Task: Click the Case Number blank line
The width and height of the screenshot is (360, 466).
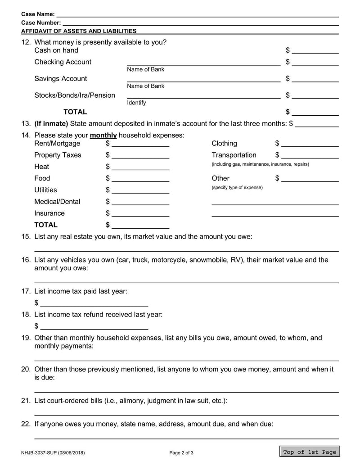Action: coord(200,22)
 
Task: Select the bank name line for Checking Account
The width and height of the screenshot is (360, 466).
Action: coord(203,62)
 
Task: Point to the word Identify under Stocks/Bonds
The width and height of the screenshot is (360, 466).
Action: coord(136,103)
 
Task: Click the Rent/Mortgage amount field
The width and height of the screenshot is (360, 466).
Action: coord(140,144)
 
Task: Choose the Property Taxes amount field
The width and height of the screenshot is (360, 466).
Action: coord(140,155)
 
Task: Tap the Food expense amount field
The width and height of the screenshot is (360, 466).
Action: coord(140,179)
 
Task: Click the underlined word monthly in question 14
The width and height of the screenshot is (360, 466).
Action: coord(103,136)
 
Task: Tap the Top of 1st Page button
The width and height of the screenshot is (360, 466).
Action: coord(309,452)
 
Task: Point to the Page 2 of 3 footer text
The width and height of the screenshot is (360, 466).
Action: coord(181,452)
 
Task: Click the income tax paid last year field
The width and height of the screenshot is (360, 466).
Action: coord(94,303)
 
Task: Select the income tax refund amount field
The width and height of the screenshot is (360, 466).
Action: coord(94,326)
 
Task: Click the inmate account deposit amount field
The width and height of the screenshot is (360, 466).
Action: coord(317,124)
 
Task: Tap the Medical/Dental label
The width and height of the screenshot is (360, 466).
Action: coord(57,202)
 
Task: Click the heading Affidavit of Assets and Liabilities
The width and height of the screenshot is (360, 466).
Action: coord(79,31)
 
